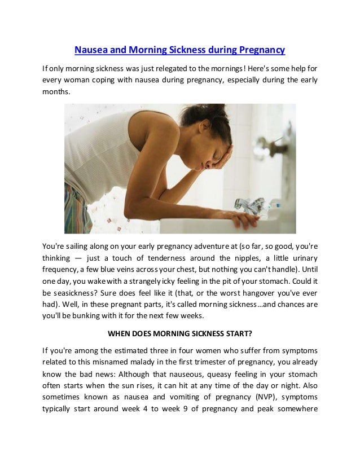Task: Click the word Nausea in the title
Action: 91,50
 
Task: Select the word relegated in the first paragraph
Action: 172,69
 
